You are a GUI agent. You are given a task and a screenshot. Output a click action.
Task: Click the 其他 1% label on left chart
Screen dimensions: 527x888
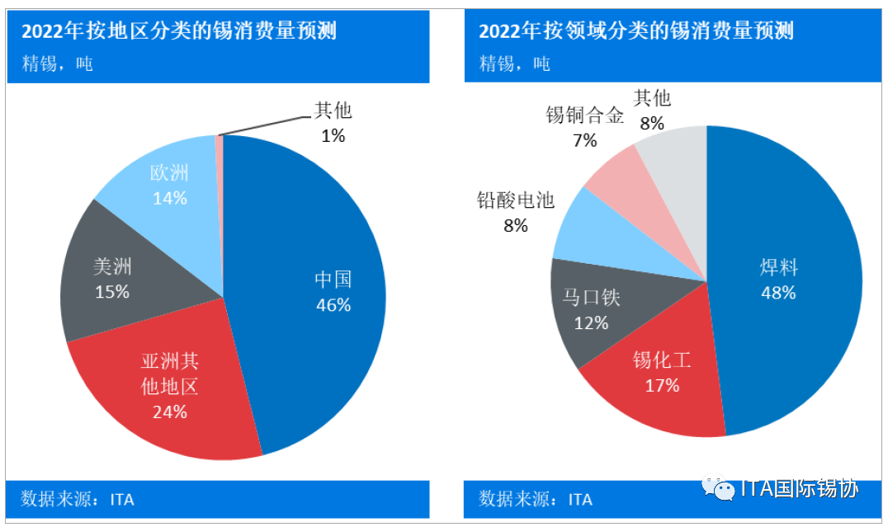pos(333,122)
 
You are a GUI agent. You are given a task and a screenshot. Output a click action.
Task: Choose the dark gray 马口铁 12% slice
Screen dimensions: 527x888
pos(590,309)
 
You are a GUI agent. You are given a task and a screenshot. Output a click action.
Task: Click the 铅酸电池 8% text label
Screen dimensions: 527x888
pos(516,211)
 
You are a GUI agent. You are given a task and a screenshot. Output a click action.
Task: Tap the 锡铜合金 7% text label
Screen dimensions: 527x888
pos(584,126)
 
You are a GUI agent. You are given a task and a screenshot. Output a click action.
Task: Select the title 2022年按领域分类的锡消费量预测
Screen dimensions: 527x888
pos(635,32)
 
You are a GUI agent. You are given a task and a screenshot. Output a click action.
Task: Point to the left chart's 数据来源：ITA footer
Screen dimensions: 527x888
pos(78,499)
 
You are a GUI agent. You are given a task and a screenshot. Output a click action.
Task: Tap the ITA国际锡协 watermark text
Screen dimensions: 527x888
pos(800,489)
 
